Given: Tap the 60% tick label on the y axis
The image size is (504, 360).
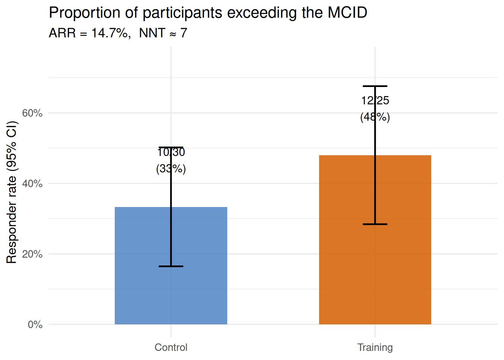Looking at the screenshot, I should click(x=32, y=113).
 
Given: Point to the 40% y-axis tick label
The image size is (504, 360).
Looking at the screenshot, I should click(x=32, y=183).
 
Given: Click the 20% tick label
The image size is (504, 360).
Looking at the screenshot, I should click(x=32, y=254).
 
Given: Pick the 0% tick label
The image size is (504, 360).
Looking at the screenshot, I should click(x=35, y=324).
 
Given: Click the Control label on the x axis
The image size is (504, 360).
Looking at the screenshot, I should click(x=171, y=347).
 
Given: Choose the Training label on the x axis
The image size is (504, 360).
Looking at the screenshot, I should click(x=375, y=347).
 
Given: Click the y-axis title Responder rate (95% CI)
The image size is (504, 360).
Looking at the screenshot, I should click(x=12, y=192).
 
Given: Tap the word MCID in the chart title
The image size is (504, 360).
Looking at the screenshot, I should click(x=347, y=13).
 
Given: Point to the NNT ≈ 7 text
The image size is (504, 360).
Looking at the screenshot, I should click(x=163, y=33).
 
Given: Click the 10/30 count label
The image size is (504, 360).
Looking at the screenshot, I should click(x=171, y=152).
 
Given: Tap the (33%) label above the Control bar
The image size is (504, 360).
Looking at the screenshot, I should click(x=171, y=169).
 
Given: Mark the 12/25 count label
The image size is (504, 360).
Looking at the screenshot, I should click(x=375, y=100).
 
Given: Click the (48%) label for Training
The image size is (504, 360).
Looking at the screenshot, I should click(x=375, y=117).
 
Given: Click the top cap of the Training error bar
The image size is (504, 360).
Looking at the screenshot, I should click(x=375, y=86).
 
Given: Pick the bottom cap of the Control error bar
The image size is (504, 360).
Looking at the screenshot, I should click(x=171, y=266).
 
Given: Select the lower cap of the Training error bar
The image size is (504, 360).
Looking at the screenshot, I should click(x=375, y=224).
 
